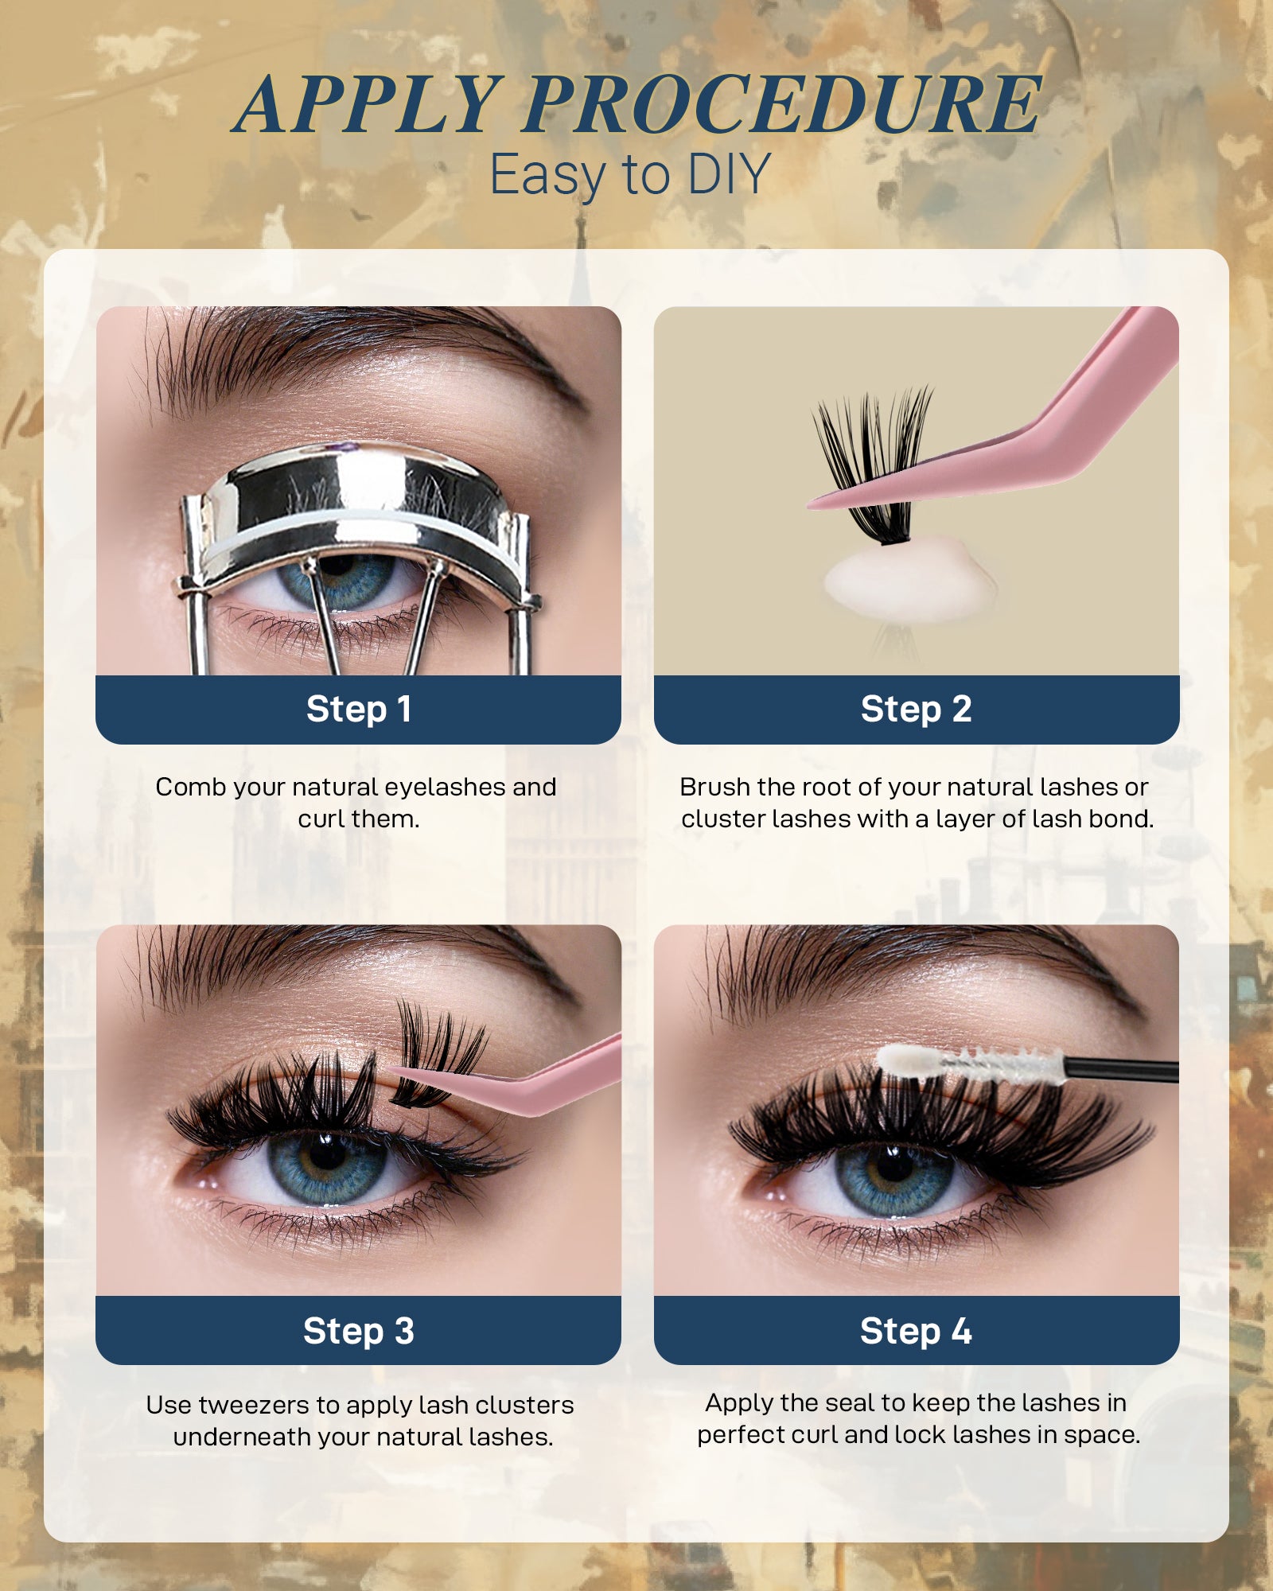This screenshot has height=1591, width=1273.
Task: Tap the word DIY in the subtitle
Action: pyautogui.click(x=729, y=175)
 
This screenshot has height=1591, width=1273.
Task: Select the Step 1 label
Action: pyautogui.click(x=358, y=709)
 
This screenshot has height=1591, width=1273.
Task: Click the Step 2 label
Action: pyautogui.click(x=916, y=709)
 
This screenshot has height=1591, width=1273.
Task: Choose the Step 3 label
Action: pyautogui.click(x=358, y=1331)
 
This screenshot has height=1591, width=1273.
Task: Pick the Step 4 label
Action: pyautogui.click(x=916, y=1331)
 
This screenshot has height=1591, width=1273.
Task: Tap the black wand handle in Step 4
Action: pyautogui.click(x=1122, y=1070)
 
